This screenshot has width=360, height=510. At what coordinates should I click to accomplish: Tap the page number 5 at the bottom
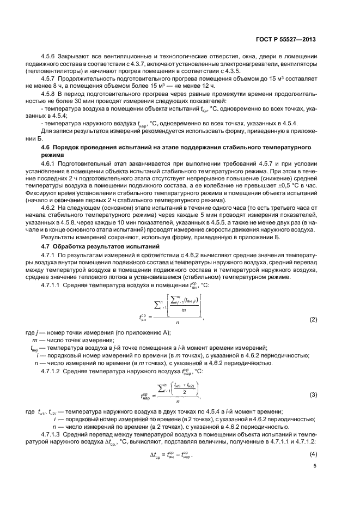pyautogui.click(x=315, y=466)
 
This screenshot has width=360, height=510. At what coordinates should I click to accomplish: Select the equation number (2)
pyautogui.click(x=313, y=319)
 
